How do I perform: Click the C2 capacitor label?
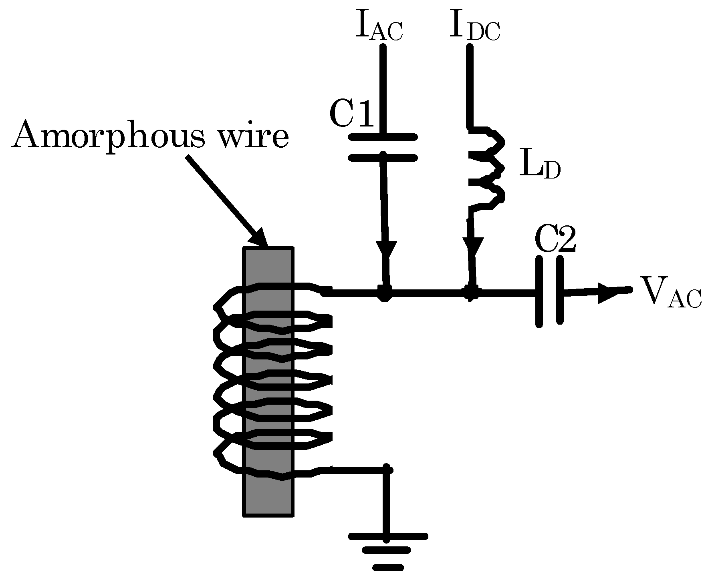pos(556,241)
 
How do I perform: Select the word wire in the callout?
pos(253,135)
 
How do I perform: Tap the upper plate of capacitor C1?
pos(383,137)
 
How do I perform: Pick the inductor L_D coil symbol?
pos(487,168)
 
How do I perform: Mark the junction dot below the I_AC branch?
pos(385,293)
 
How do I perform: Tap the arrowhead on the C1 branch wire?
pos(387,251)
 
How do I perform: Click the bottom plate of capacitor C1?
pos(383,158)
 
